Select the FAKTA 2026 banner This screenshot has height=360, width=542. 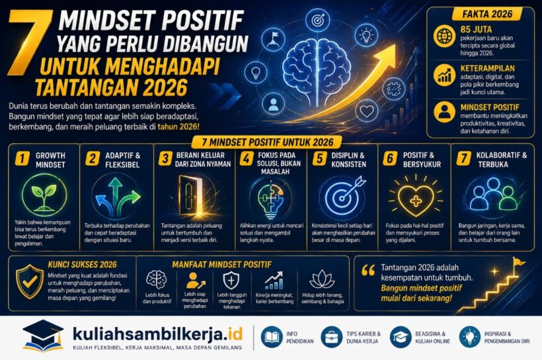pyautogui.click(x=486, y=14)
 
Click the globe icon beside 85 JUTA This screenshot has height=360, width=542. pyautogui.click(x=444, y=36)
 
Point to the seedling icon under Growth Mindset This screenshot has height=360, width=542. pyautogui.click(x=44, y=196)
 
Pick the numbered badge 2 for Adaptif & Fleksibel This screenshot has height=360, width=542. pyautogui.click(x=93, y=159)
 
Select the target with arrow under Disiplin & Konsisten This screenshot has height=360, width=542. pyautogui.click(x=343, y=196)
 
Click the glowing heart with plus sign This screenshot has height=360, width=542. pyautogui.click(x=416, y=199)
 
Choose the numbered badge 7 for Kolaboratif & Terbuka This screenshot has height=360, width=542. pyautogui.click(x=463, y=159)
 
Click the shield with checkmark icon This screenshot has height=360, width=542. pyautogui.click(x=30, y=281)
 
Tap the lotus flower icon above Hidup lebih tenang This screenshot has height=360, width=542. pyautogui.click(x=322, y=280)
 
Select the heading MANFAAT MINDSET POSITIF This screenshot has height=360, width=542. pyautogui.click(x=221, y=265)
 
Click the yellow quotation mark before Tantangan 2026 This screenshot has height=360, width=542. pyautogui.click(x=368, y=271)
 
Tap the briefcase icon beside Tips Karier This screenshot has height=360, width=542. pyautogui.click(x=332, y=337)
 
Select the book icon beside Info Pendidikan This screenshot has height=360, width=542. pyautogui.click(x=272, y=337)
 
